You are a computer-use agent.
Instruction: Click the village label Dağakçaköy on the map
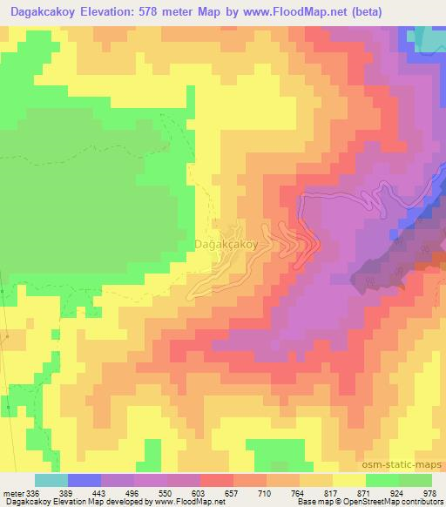pyautogui.click(x=226, y=245)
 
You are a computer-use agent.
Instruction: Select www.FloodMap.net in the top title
pyautogui.click(x=287, y=11)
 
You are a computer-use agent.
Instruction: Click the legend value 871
pyautogui.click(x=349, y=492)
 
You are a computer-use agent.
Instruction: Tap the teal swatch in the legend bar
pyautogui.click(x=51, y=480)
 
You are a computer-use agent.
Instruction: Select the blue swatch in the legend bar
pyautogui.click(x=84, y=480)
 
